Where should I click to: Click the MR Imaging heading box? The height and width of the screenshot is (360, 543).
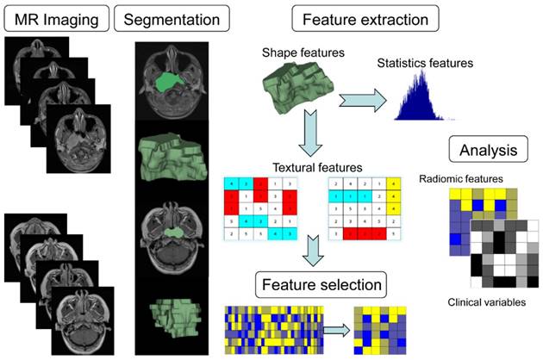coord(54,16)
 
